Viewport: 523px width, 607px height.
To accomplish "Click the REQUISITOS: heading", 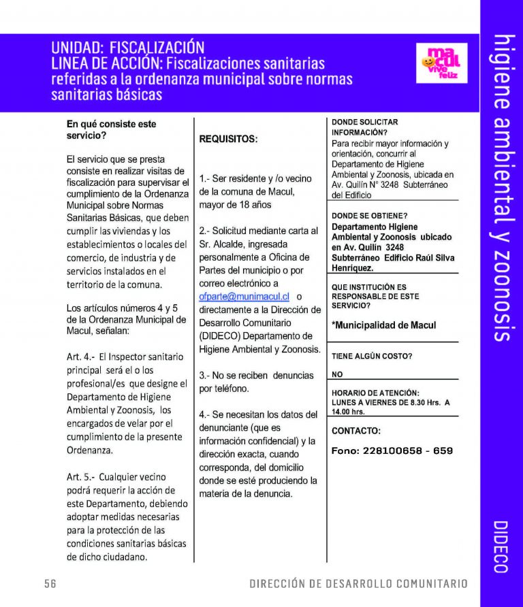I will pyautogui.click(x=228, y=140).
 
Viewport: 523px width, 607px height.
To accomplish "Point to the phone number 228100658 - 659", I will pyautogui.click(x=392, y=451).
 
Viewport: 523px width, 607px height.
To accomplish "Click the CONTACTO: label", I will pyautogui.click(x=356, y=431).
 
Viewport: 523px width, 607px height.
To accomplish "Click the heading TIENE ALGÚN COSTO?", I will pyautogui.click(x=372, y=356).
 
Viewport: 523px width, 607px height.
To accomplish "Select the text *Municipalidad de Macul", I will pyautogui.click(x=383, y=325).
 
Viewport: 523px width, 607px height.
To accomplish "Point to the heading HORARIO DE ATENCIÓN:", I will pyautogui.click(x=375, y=393).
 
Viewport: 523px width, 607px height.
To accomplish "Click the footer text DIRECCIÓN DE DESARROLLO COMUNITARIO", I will pyautogui.click(x=358, y=584).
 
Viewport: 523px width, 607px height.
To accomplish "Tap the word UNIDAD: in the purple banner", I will pyautogui.click(x=77, y=48).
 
